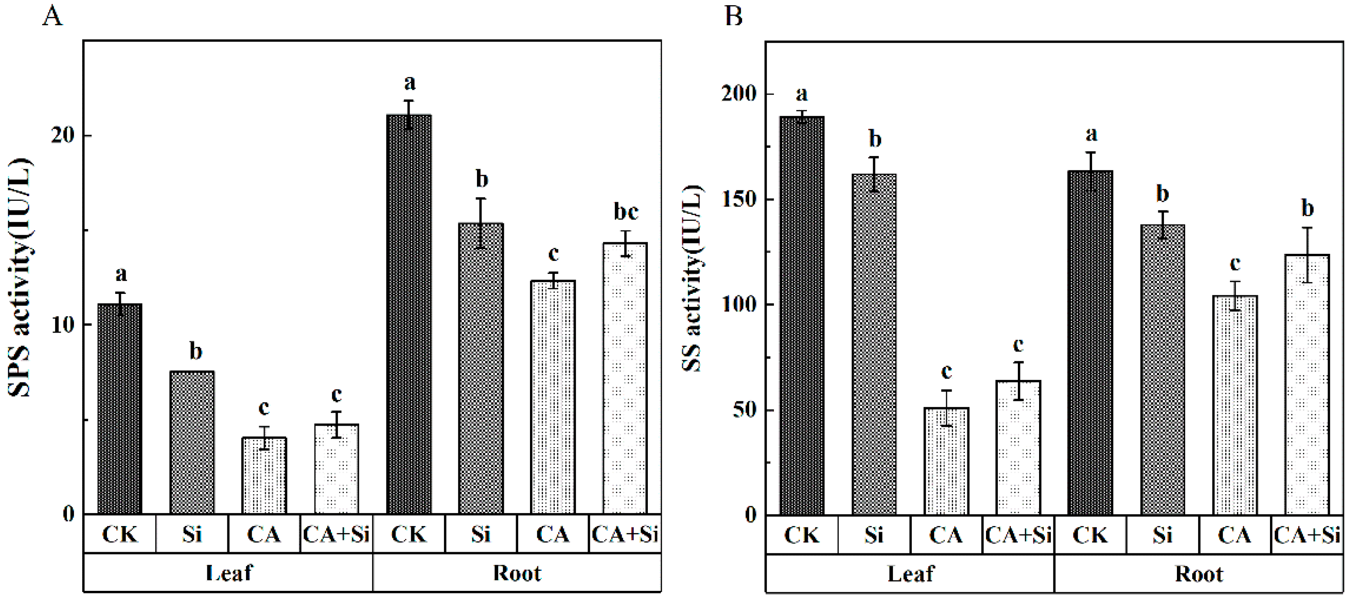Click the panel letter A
point(52,17)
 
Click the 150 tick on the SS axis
point(739,200)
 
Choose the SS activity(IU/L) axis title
point(692,278)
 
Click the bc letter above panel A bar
point(626,212)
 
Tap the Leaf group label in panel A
point(229,573)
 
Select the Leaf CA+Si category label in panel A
point(336,535)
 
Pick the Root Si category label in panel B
point(1162,536)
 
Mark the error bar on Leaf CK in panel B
point(802,117)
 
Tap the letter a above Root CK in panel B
point(1091,134)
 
